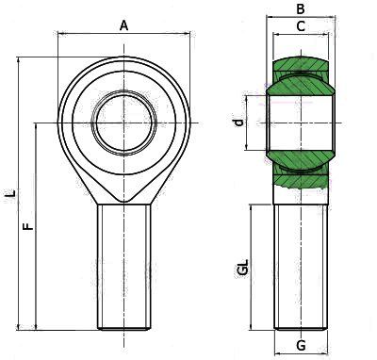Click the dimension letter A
coord(124,25)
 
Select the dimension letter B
coord(301,9)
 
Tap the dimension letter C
coord(301,26)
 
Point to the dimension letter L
coord(11,192)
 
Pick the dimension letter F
coord(28,226)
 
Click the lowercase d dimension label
coord(239,123)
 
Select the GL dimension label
coord(243,268)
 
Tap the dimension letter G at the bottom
coord(301,346)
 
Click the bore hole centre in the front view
coord(124,123)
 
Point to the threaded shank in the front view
coord(124,267)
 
